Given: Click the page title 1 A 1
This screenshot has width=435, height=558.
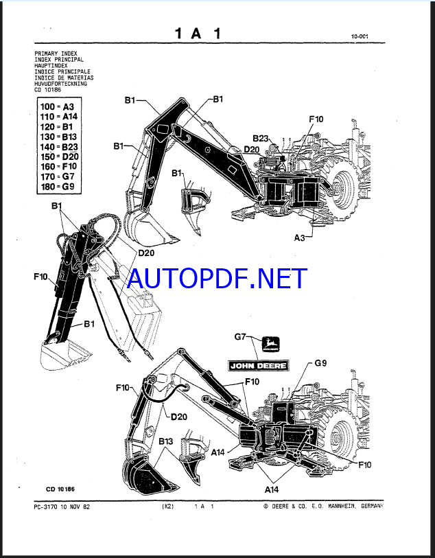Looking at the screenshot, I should [197, 33].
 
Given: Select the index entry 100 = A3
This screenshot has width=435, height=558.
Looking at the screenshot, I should [58, 106].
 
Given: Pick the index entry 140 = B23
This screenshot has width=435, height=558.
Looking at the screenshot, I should [58, 146].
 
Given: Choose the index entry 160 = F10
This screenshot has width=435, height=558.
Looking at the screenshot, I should [58, 165].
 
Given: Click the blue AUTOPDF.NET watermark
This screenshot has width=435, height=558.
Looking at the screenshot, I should [217, 279].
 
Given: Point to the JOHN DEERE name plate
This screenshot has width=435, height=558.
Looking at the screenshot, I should [259, 364].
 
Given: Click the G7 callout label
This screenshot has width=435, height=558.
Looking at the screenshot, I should [240, 337].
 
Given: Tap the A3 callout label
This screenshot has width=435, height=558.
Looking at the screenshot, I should [300, 237].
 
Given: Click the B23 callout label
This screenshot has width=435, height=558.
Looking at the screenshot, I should [260, 138].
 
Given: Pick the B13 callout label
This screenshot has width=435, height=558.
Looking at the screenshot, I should [166, 441].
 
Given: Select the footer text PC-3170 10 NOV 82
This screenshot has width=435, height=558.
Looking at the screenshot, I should [61, 507].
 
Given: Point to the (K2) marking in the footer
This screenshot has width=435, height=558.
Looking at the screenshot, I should [169, 507].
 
